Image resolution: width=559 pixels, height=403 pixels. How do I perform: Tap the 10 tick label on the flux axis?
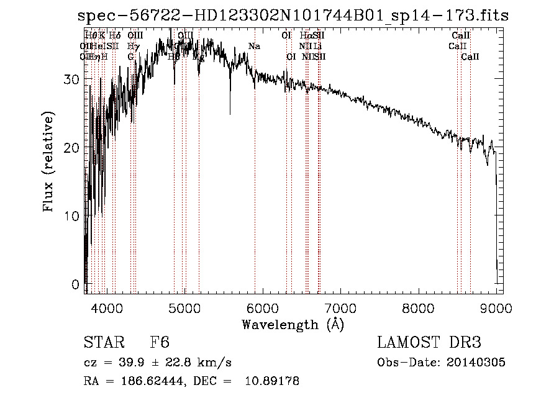(75, 216)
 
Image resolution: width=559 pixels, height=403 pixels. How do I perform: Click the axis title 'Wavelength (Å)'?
(293, 324)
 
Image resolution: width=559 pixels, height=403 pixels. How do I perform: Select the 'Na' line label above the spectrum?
(254, 46)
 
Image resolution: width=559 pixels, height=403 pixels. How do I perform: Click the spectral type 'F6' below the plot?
(160, 343)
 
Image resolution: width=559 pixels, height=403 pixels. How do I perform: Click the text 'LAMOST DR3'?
(429, 343)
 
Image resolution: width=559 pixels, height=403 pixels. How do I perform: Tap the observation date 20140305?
(475, 363)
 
